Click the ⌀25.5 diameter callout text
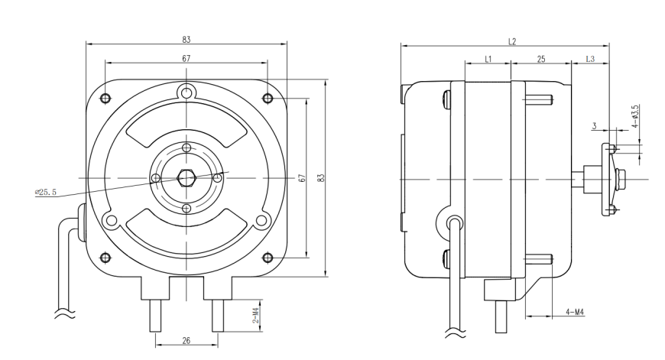[45, 193]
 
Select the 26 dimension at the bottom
[187, 340]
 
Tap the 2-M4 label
[256, 316]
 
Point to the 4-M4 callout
[575, 313]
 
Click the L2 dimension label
[512, 41]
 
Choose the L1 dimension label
[488, 59]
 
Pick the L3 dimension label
[590, 59]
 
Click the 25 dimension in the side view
[541, 60]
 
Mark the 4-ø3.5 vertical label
[635, 117]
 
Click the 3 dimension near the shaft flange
[595, 126]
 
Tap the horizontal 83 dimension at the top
[187, 40]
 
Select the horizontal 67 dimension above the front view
[187, 59]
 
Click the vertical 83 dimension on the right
[321, 178]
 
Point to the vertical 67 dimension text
[301, 178]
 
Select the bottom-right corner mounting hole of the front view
[268, 258]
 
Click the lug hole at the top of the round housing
[186, 92]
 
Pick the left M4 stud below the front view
[155, 316]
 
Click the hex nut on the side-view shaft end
[620, 177]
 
